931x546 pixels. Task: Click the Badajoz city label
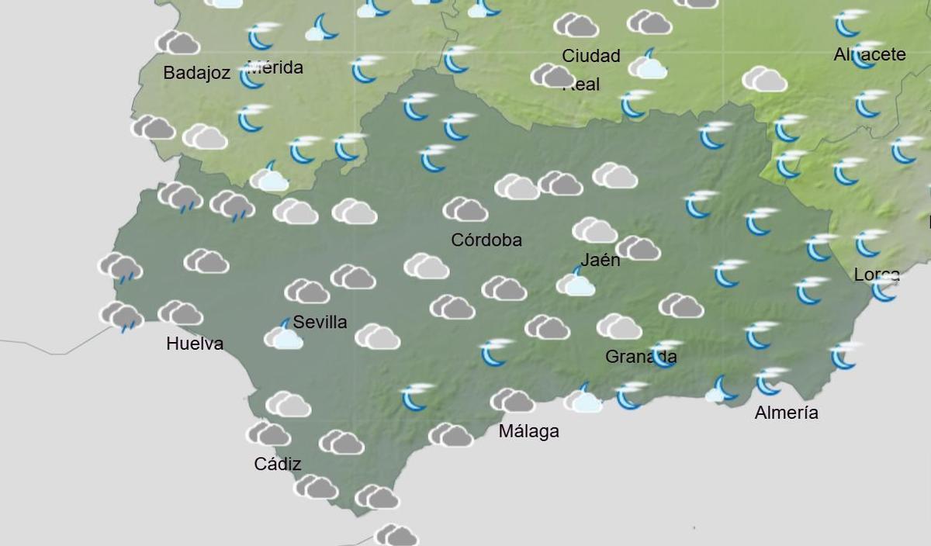pyautogui.click(x=196, y=73)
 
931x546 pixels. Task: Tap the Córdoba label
pyautogui.click(x=486, y=240)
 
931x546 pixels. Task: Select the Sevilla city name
pyautogui.click(x=320, y=322)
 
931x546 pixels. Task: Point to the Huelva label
pyautogui.click(x=195, y=344)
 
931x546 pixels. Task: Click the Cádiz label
pyautogui.click(x=278, y=465)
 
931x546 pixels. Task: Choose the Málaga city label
pyautogui.click(x=528, y=431)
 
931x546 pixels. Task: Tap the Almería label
pyautogui.click(x=786, y=413)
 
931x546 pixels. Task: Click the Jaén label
pyautogui.click(x=600, y=260)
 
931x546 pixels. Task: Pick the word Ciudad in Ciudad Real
pyautogui.click(x=591, y=56)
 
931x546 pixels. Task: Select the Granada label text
pyautogui.click(x=641, y=357)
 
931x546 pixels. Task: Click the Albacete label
pyautogui.click(x=870, y=55)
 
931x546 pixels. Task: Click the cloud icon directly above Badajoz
pyautogui.click(x=178, y=43)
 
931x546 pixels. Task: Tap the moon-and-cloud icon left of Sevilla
pyautogui.click(x=284, y=336)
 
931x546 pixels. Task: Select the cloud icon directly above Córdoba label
pyautogui.click(x=465, y=209)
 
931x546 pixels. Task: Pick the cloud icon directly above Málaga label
pyautogui.click(x=512, y=400)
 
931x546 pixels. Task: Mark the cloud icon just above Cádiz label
pyautogui.click(x=268, y=434)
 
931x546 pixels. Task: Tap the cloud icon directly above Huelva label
pyautogui.click(x=180, y=313)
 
